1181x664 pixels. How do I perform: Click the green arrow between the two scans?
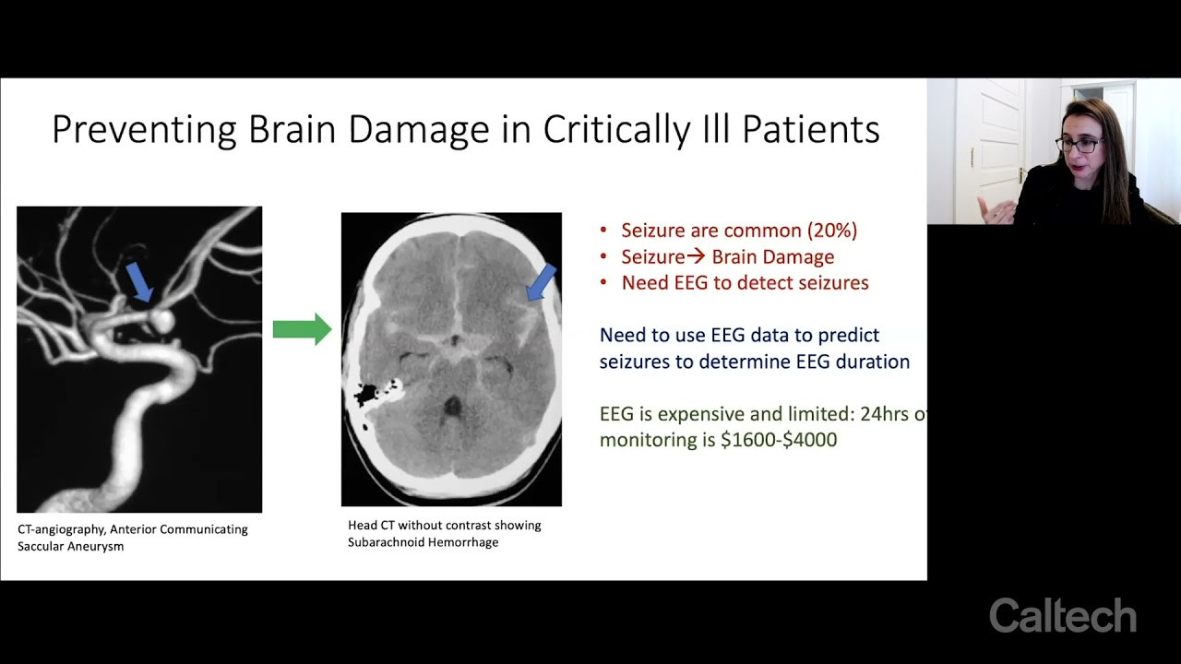(302, 329)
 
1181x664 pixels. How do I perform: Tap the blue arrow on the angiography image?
(139, 282)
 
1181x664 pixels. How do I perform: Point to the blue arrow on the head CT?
(542, 282)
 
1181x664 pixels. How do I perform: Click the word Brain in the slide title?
(292, 128)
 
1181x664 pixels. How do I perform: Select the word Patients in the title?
(811, 128)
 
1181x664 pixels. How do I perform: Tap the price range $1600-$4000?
(779, 440)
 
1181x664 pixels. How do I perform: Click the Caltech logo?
(1062, 615)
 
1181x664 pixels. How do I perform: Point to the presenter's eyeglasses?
(1080, 145)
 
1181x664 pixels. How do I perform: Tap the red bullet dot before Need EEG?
(603, 283)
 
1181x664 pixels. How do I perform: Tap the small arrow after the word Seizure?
(696, 256)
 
